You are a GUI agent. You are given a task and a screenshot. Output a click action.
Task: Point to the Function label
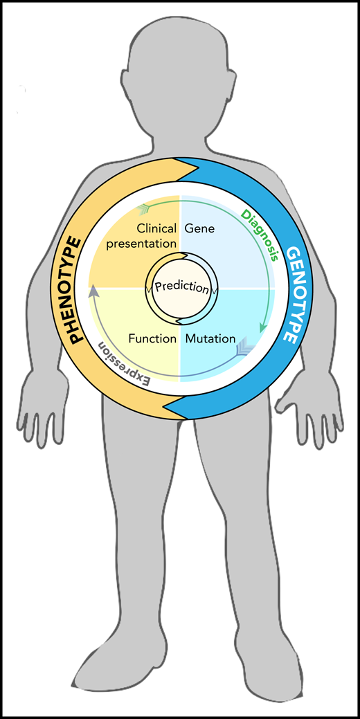[152, 339]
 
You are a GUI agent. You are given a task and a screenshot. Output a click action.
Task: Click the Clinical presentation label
[156, 235]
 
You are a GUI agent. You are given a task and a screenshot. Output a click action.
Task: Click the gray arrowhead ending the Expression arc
[91, 292]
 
